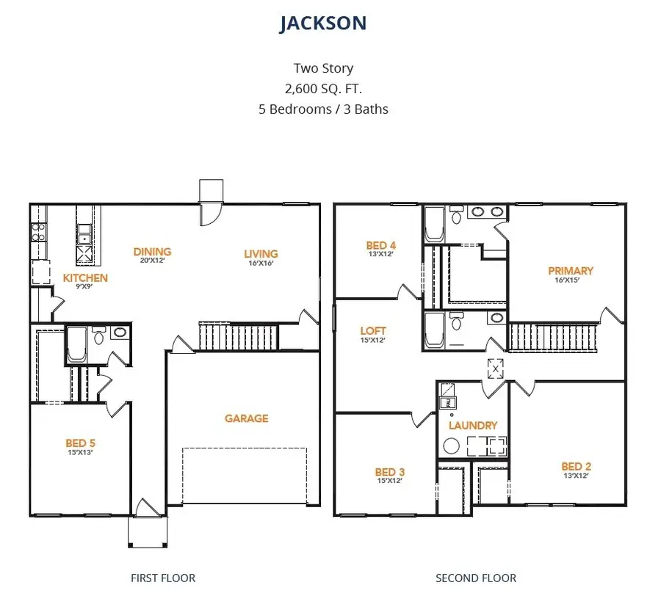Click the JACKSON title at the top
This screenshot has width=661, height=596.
(x=323, y=23)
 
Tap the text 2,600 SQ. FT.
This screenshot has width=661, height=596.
(x=323, y=89)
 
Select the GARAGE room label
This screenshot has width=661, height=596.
(x=246, y=418)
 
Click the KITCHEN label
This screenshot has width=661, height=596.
(x=85, y=278)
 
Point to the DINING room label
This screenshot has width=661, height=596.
(x=152, y=252)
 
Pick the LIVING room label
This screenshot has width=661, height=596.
(x=261, y=255)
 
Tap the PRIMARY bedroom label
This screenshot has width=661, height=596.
(x=571, y=271)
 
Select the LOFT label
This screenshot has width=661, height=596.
(x=373, y=331)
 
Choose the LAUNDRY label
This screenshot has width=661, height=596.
(x=473, y=426)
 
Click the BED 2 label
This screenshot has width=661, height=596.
(x=576, y=466)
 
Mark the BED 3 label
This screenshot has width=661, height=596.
(x=389, y=472)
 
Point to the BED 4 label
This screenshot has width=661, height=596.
(x=381, y=245)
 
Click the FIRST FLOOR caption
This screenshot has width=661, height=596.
(x=163, y=578)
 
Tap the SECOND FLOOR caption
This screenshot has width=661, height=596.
(x=476, y=578)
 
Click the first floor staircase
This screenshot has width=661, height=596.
(x=238, y=338)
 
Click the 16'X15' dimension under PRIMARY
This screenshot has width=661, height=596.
(x=571, y=280)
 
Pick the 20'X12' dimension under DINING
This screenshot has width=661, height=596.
(x=152, y=261)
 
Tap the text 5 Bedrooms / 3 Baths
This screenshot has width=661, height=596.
(x=323, y=109)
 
